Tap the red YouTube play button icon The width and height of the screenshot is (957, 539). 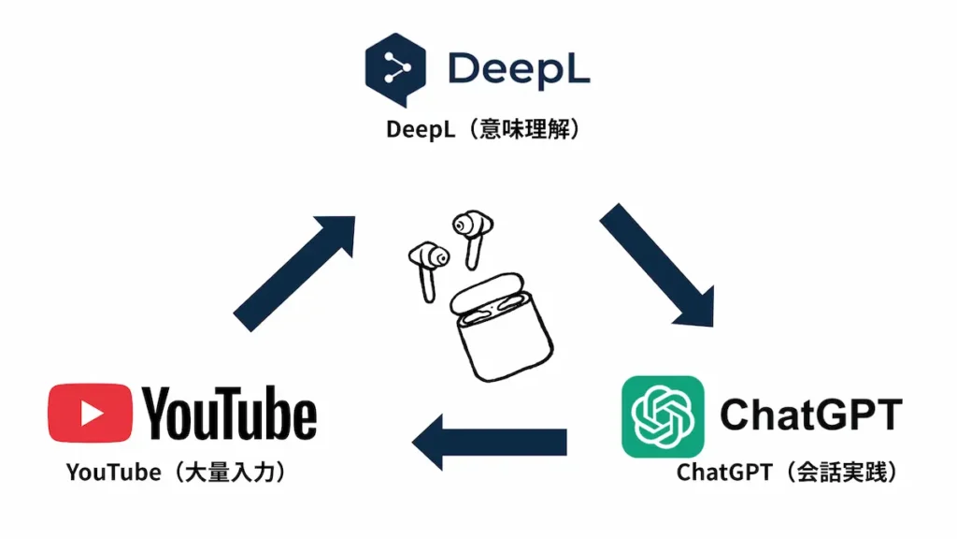click(x=90, y=413)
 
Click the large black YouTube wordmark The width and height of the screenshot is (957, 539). click(x=230, y=413)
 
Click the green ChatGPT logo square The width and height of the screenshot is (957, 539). click(x=663, y=416)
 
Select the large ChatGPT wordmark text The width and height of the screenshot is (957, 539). click(x=810, y=413)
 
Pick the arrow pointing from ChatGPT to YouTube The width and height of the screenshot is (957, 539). click(x=490, y=443)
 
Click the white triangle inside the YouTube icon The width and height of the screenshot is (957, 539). click(x=92, y=413)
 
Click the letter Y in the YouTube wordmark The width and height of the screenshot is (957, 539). click(x=161, y=413)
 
